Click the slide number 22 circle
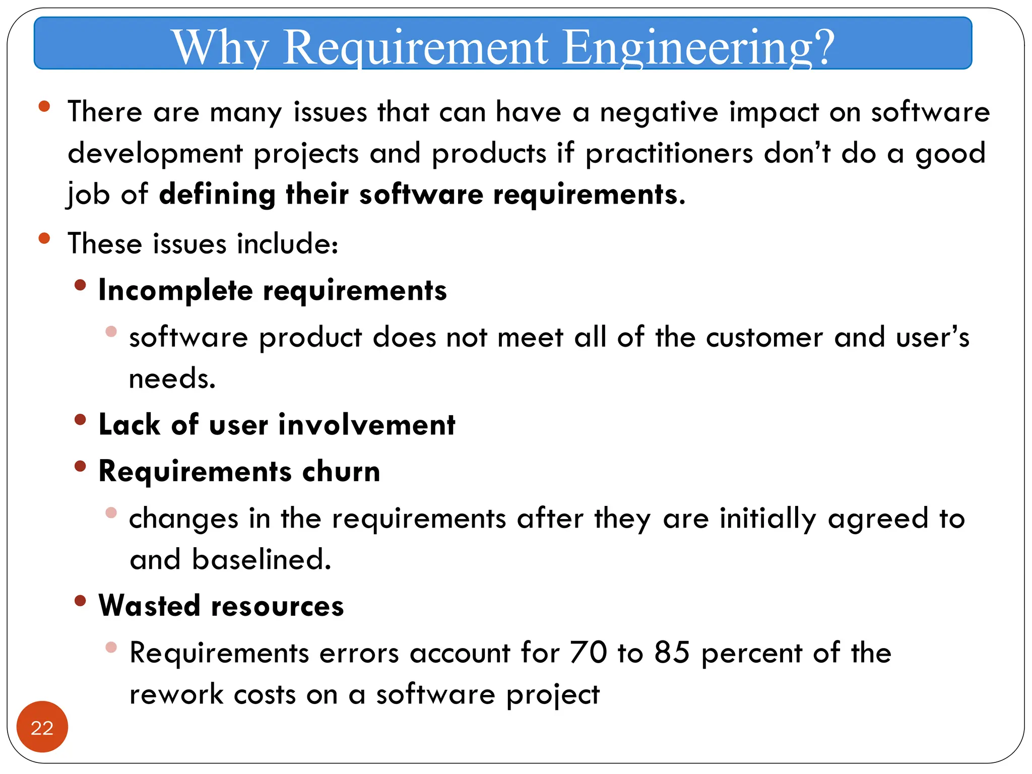click(x=42, y=727)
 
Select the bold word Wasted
click(x=149, y=606)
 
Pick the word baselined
click(x=261, y=560)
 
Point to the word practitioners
click(x=669, y=153)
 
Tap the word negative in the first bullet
click(x=659, y=112)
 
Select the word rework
click(x=176, y=694)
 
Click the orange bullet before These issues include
click(x=44, y=238)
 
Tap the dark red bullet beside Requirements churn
click(x=80, y=466)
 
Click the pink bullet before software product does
click(x=111, y=332)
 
